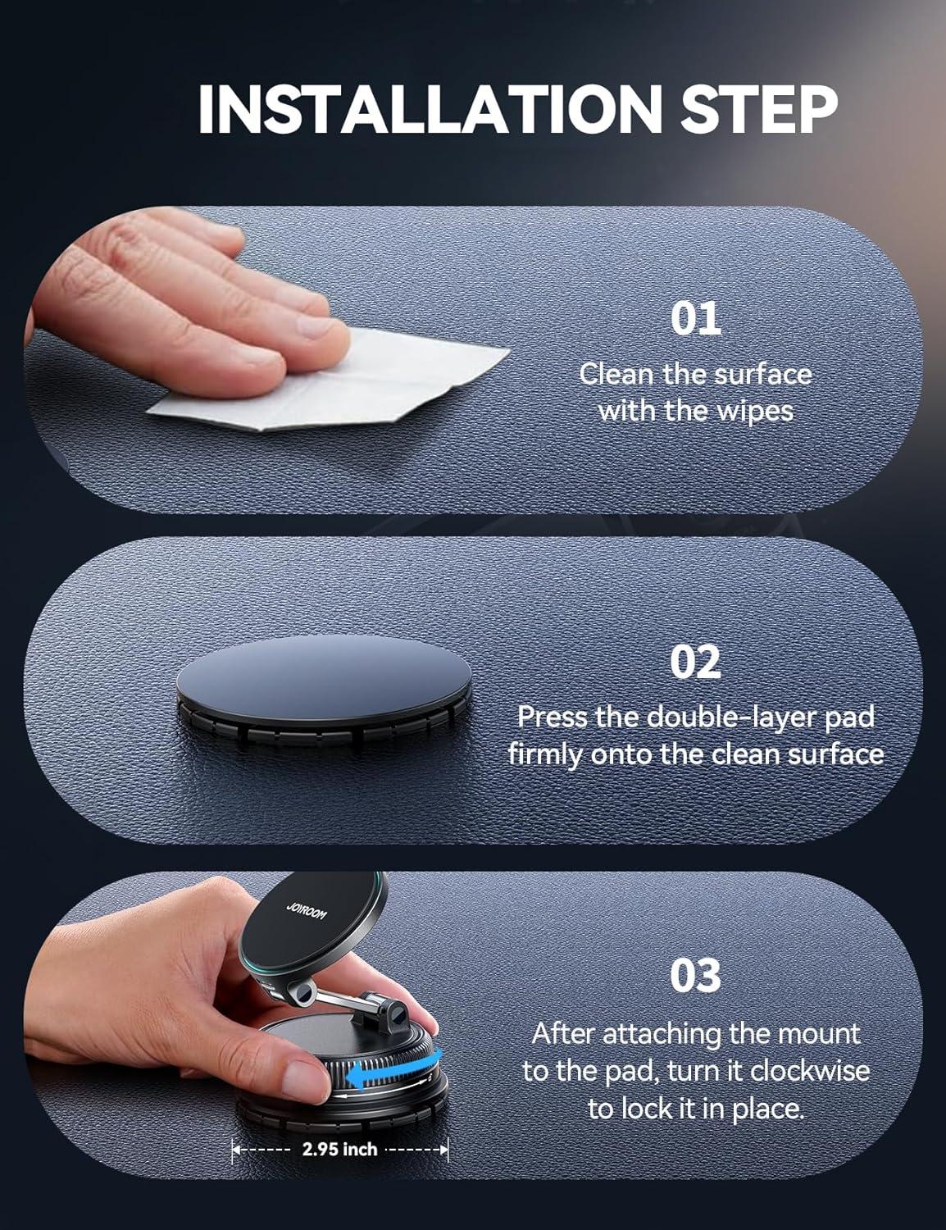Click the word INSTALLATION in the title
coord(430,109)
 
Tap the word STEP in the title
coord(759,109)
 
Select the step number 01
coord(696,319)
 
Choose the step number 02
coord(696,662)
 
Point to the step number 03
coord(696,975)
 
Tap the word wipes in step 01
coord(755,412)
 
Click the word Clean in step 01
coord(616,374)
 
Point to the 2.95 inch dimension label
coord(339,1150)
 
